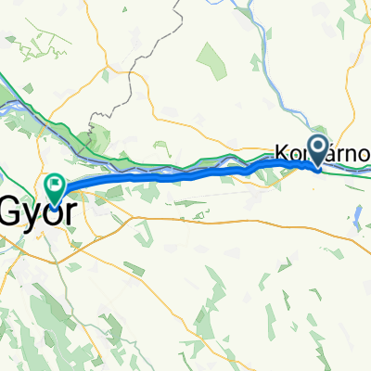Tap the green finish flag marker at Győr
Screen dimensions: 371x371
click(x=54, y=189)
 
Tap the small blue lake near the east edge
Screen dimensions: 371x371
click(x=357, y=219)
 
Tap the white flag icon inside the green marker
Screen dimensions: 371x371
click(x=54, y=185)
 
